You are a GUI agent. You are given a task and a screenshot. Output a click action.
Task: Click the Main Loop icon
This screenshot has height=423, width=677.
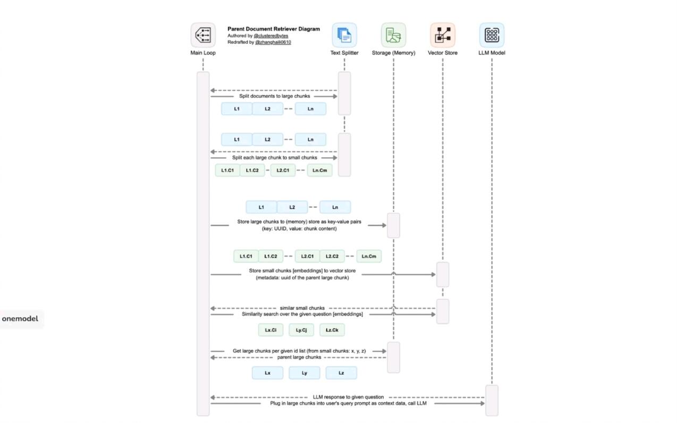tap(203, 35)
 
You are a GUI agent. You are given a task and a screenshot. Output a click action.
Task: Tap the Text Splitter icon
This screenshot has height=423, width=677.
tap(344, 35)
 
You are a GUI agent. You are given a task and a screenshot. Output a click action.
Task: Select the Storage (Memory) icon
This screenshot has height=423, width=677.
tap(393, 35)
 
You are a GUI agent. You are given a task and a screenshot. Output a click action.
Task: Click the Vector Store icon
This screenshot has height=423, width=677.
tap(443, 35)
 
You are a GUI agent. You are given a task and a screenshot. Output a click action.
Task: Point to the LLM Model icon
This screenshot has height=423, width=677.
tap(492, 35)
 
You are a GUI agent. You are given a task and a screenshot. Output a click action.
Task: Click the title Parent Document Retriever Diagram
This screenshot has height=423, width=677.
tap(274, 29)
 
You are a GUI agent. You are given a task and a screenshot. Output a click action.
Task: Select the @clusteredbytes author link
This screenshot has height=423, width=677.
tap(270, 36)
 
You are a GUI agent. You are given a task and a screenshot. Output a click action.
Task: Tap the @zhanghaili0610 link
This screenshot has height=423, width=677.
tap(273, 42)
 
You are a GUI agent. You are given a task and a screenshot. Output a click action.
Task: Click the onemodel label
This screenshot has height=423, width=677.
tap(20, 319)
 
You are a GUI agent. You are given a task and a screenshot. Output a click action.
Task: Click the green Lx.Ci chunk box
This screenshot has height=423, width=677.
tap(270, 330)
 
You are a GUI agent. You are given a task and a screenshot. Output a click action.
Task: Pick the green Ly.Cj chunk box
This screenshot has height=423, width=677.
tap(301, 330)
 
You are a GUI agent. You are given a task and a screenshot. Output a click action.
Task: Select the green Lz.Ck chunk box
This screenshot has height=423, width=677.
tap(332, 330)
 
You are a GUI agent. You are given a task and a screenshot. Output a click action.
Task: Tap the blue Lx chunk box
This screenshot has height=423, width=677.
tap(267, 373)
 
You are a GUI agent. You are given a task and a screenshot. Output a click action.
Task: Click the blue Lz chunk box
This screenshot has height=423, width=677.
tap(341, 373)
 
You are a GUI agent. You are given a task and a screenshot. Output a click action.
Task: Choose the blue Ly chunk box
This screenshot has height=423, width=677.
tap(304, 373)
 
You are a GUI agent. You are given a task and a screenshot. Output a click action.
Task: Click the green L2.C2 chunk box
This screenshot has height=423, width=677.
tap(332, 256)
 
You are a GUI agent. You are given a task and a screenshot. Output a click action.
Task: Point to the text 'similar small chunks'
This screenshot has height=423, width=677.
tap(302, 308)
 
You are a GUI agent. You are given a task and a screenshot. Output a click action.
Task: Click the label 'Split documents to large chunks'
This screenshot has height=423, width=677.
tap(274, 96)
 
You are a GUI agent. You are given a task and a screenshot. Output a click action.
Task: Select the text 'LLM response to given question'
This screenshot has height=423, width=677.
tap(348, 397)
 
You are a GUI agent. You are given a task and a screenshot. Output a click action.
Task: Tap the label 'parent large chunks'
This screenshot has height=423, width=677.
tap(299, 357)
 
